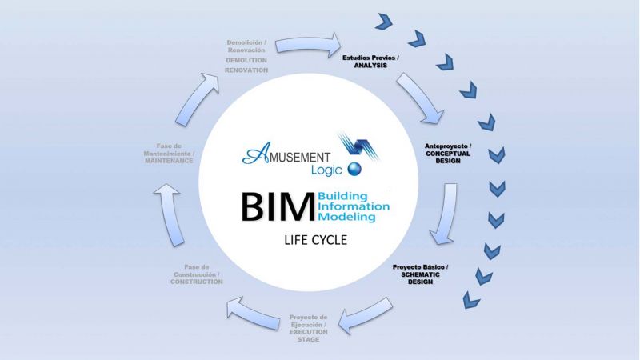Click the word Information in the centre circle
(353, 206)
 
